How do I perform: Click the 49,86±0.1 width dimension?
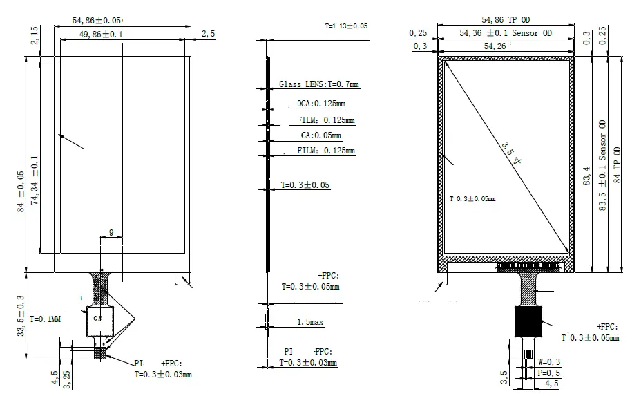click(104, 34)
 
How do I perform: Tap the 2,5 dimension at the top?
click(208, 34)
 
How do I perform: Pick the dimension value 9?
click(111, 234)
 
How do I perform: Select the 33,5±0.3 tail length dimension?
click(21, 316)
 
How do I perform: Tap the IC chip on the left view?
click(98, 319)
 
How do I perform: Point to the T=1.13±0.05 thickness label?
click(346, 26)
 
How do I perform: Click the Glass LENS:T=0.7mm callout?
click(318, 84)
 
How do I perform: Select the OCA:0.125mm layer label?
click(320, 104)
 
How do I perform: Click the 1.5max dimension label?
click(310, 323)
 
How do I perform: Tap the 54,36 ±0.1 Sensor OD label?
click(506, 33)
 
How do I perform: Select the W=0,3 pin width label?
click(549, 362)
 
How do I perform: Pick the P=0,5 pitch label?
click(549, 373)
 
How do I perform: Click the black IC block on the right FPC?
click(528, 322)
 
